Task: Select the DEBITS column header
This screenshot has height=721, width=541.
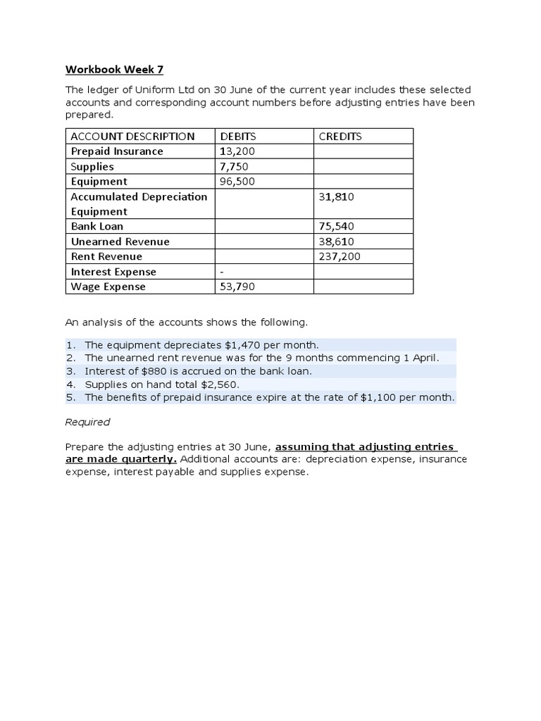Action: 238,137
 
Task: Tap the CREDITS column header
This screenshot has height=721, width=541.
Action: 340,137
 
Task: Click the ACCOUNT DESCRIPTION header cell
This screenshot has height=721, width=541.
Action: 132,137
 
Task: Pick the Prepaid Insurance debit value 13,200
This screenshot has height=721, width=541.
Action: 237,151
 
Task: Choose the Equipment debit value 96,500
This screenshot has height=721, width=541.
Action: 237,182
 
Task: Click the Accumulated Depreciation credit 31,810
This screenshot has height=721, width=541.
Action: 336,196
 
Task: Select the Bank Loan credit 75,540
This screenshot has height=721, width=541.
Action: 336,227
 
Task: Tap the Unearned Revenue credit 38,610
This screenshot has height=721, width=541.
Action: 336,242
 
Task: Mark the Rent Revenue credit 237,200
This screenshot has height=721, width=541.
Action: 340,257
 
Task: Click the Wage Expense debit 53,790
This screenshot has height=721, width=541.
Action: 237,287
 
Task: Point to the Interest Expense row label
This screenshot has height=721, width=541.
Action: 113,272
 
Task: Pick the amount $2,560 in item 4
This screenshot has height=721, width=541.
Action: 220,384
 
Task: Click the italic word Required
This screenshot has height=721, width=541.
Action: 87,422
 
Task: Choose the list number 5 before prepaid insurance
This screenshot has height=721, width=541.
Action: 70,398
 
